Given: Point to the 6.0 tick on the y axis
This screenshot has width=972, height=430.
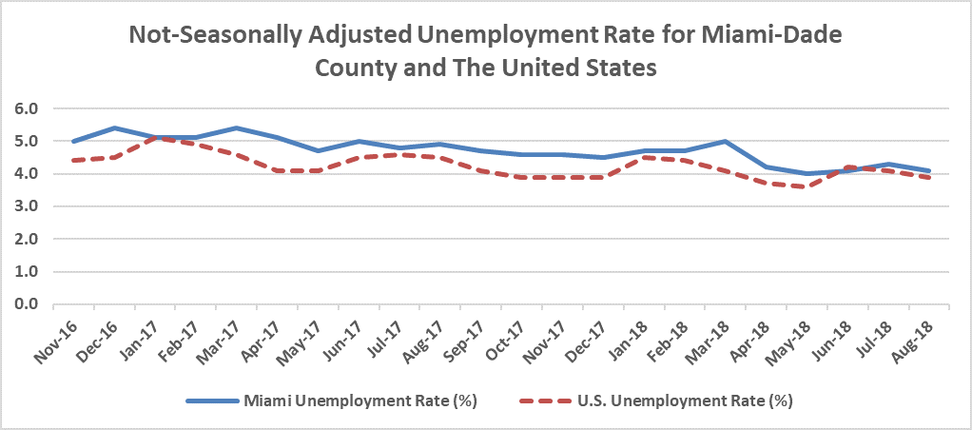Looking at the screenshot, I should tap(26, 108).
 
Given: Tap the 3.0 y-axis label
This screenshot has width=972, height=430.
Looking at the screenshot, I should tap(26, 206).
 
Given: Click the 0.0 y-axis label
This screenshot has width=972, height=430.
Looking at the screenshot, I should tap(26, 304).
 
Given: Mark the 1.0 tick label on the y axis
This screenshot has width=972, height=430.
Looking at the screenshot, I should tap(26, 272).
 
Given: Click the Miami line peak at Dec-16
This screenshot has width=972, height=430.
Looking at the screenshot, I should tap(114, 127).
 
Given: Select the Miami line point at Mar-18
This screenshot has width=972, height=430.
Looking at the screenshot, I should tap(726, 141).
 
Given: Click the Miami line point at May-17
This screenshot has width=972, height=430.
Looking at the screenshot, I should tap(318, 150).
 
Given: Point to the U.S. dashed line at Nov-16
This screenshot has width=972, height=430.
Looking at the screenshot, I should tap(74, 161).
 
